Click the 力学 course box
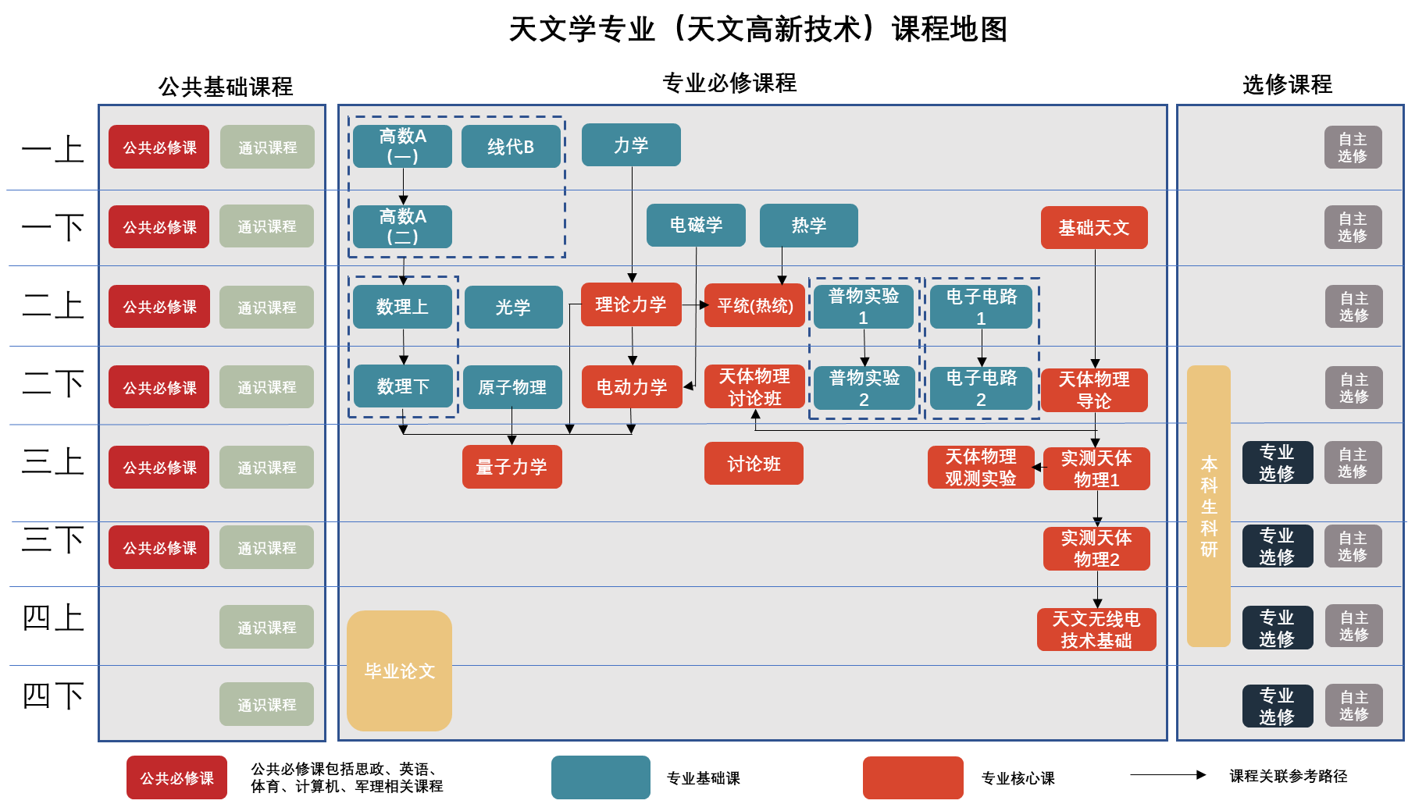(x=631, y=145)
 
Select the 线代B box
(x=511, y=147)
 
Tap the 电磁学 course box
(x=696, y=226)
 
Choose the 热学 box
(x=808, y=226)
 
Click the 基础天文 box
(x=1094, y=228)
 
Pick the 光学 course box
(x=513, y=308)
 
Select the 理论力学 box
(x=631, y=304)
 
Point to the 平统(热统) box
(x=754, y=305)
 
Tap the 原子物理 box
(x=512, y=387)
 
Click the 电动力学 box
(x=632, y=387)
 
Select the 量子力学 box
(x=512, y=467)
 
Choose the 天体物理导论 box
(x=1094, y=390)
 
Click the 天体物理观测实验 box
(x=981, y=468)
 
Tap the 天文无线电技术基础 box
(x=1096, y=630)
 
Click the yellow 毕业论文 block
(x=399, y=671)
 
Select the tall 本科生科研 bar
(x=1208, y=506)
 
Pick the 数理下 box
(x=403, y=386)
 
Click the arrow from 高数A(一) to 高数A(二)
(x=403, y=187)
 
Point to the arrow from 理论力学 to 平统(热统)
(x=693, y=305)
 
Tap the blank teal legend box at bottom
(x=601, y=777)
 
